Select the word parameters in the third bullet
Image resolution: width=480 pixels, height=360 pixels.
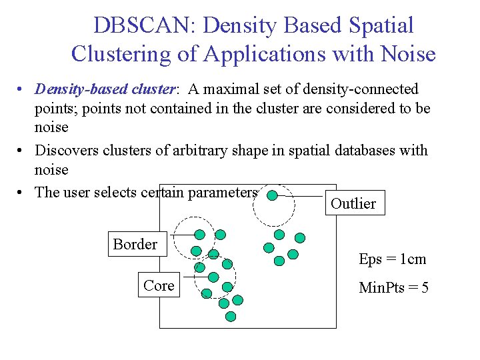(x=223, y=193)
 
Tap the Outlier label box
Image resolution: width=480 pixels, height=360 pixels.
(x=353, y=204)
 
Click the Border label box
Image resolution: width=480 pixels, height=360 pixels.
(x=135, y=245)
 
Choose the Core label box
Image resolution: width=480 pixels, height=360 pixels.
(x=159, y=286)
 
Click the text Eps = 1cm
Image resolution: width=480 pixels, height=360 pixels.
(x=392, y=259)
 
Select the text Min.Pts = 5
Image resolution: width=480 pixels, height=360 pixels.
(x=393, y=288)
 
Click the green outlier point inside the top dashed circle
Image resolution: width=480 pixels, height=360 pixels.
(x=272, y=196)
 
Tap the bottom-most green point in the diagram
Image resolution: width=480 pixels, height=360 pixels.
(x=231, y=317)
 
